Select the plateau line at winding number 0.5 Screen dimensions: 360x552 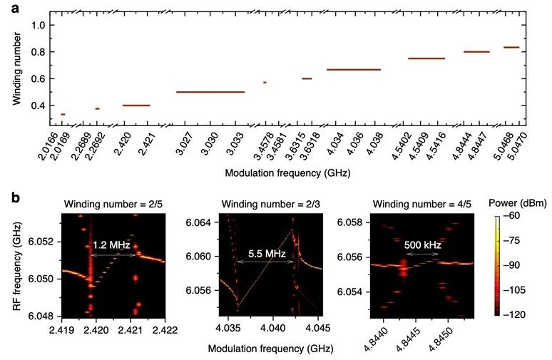210,92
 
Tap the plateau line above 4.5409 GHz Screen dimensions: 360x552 426,58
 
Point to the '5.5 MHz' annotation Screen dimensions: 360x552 264,252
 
